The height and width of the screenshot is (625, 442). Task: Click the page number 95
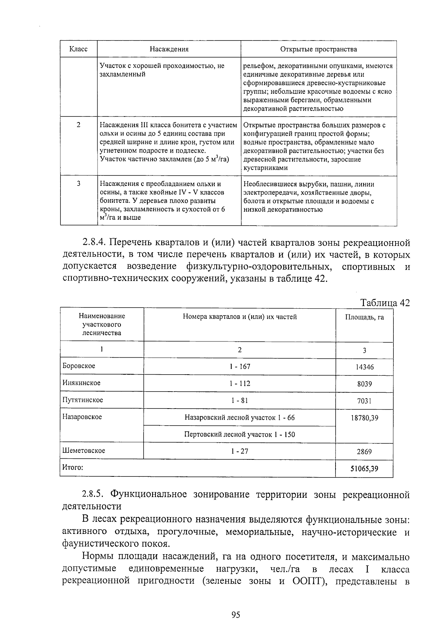pos(236,614)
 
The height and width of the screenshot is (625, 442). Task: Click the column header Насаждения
pos(169,49)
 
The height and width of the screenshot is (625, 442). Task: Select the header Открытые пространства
pos(319,49)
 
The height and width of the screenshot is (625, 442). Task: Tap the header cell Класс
pos(78,49)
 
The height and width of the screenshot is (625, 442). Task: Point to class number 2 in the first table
pos(78,125)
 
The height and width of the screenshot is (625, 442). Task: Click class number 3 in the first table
pos(78,184)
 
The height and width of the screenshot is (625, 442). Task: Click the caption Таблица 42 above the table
pos(385,303)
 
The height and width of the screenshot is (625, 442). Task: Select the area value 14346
pos(364,367)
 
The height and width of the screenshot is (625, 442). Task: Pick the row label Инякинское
pos(81,383)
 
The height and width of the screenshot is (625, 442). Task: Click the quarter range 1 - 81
pos(239,400)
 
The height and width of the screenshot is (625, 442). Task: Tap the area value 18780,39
pos(364,418)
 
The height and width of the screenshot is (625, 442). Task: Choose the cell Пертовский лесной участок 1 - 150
pos(239,434)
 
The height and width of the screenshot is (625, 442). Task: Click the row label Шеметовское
pos(84,451)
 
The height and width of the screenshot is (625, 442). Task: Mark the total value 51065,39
pos(364,469)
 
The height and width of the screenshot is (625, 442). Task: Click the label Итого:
pos(73,468)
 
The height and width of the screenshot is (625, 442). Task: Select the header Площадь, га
pos(364,317)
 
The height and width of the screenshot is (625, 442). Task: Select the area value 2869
pos(364,452)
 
